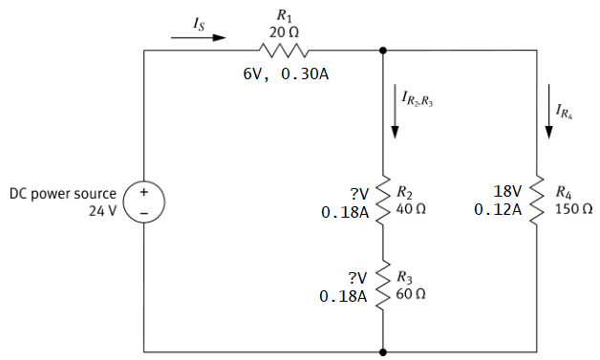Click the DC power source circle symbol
(143, 201)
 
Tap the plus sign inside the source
(143, 191)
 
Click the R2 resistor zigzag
(383, 198)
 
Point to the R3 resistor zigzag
(383, 285)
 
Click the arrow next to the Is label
(198, 39)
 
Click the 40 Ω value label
(411, 208)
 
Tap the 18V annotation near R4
(505, 190)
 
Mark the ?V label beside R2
(358, 192)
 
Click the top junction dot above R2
(383, 50)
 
